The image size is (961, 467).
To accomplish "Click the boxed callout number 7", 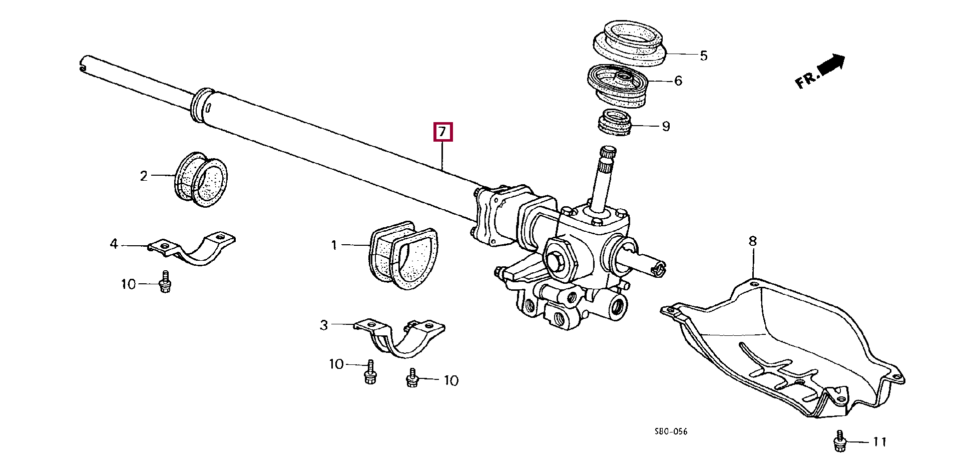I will click(x=442, y=132).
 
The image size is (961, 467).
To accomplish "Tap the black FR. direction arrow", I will click(x=831, y=64).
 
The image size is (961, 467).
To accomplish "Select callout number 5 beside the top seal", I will click(x=703, y=56).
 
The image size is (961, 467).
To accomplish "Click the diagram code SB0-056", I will click(x=671, y=431).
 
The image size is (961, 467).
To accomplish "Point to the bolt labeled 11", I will click(x=840, y=441).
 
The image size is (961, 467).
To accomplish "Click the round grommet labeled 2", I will click(x=201, y=179).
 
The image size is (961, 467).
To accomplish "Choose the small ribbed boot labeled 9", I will click(x=615, y=123).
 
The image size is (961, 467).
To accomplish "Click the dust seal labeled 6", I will click(x=617, y=85).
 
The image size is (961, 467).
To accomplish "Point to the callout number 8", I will click(x=753, y=241).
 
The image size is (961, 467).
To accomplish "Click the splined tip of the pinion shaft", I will click(x=608, y=152).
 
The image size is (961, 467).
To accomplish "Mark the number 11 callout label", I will click(x=879, y=441).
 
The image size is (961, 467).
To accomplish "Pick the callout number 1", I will click(x=334, y=245).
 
